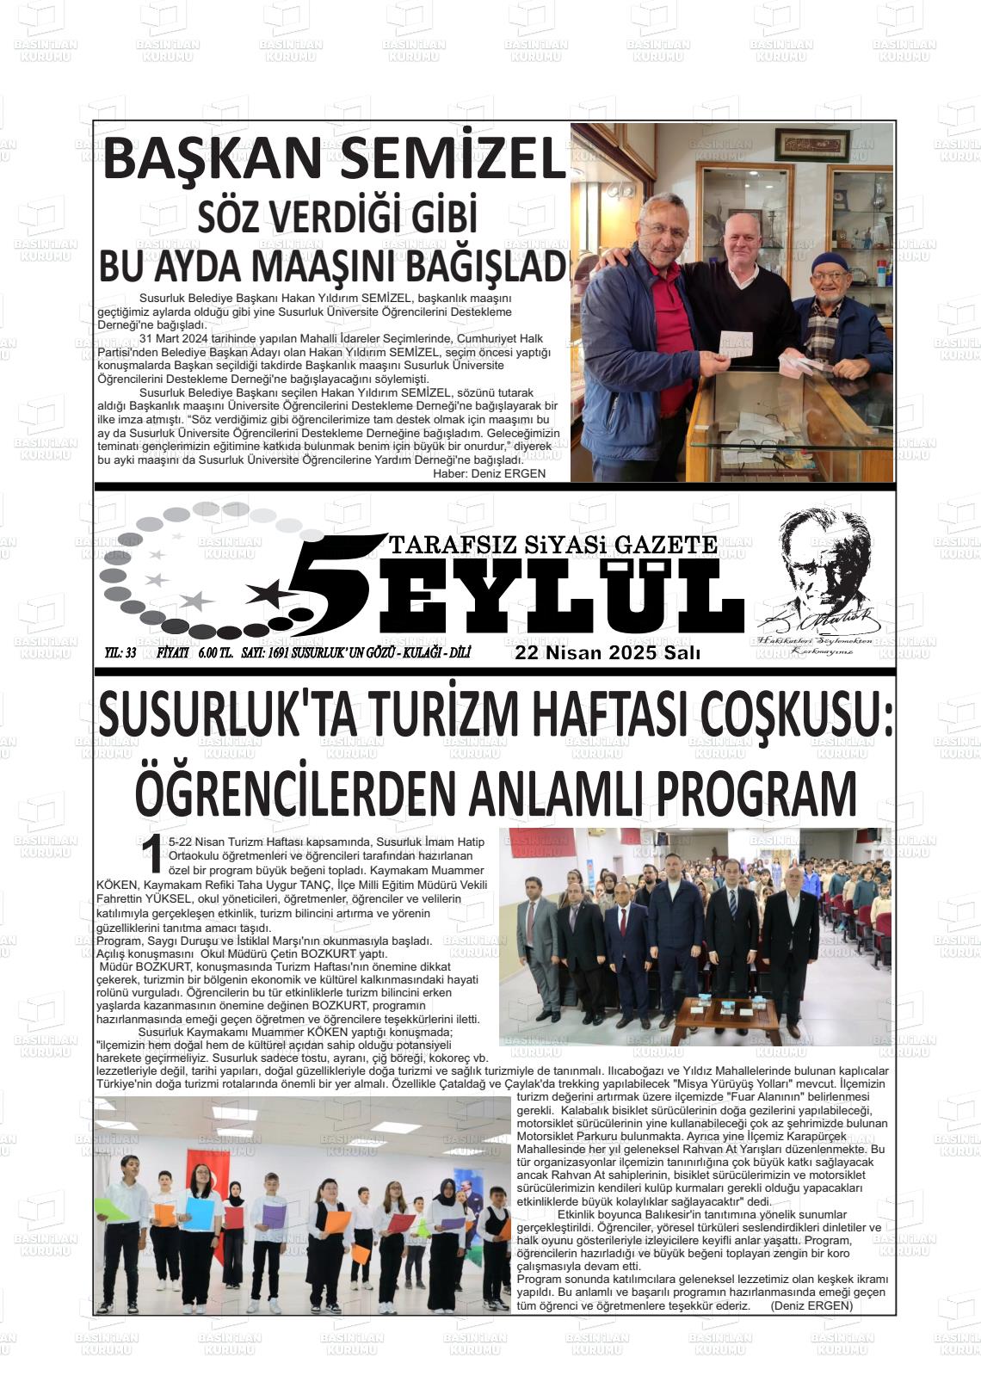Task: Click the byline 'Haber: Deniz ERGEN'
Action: coord(489,473)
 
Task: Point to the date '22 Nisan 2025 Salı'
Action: coord(608,653)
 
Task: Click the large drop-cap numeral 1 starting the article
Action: coord(151,854)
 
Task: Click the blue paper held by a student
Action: coord(200,1213)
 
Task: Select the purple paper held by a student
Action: coord(274,1216)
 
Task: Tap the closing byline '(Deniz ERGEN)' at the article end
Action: coord(811,1305)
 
